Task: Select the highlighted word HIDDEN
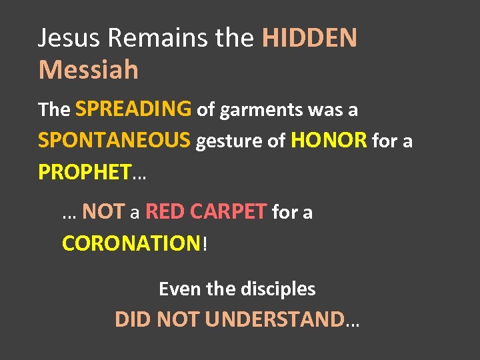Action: tap(310, 39)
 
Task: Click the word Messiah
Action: tap(89, 70)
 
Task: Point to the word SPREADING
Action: tap(133, 109)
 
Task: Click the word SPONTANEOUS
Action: tap(114, 141)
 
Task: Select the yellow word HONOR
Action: tap(329, 141)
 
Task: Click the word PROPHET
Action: tap(84, 173)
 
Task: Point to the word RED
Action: tap(164, 213)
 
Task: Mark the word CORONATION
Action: tap(131, 244)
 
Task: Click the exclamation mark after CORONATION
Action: tap(205, 244)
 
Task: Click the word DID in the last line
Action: tap(131, 320)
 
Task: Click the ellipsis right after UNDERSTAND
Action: tap(353, 324)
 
